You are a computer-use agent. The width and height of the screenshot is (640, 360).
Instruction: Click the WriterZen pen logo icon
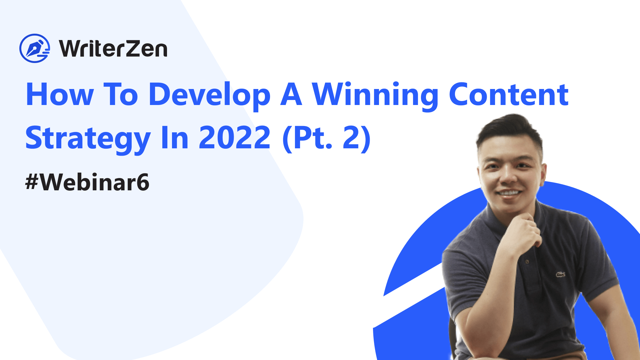[35, 48]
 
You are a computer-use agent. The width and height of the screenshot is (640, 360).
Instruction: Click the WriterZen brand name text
[113, 49]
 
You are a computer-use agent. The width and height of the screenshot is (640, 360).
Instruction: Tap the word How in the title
[60, 95]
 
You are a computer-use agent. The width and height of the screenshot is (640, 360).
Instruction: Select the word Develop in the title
[209, 96]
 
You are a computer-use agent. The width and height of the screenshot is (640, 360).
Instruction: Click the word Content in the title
[509, 95]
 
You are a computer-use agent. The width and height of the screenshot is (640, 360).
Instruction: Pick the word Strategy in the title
[88, 139]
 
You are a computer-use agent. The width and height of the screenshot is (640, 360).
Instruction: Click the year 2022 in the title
[235, 138]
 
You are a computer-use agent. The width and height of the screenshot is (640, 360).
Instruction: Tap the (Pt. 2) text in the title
[326, 138]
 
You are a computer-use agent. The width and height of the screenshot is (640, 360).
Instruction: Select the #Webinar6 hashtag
[87, 182]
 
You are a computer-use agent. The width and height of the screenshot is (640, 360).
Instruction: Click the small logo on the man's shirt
[560, 274]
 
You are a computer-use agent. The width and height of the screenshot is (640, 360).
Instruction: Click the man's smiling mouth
[509, 193]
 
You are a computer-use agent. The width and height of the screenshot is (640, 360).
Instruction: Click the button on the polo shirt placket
[527, 262]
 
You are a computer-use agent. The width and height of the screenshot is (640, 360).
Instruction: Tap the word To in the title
[121, 95]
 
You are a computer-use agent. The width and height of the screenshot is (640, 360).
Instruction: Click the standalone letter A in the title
[291, 95]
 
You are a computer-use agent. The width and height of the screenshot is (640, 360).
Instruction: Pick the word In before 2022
[175, 138]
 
